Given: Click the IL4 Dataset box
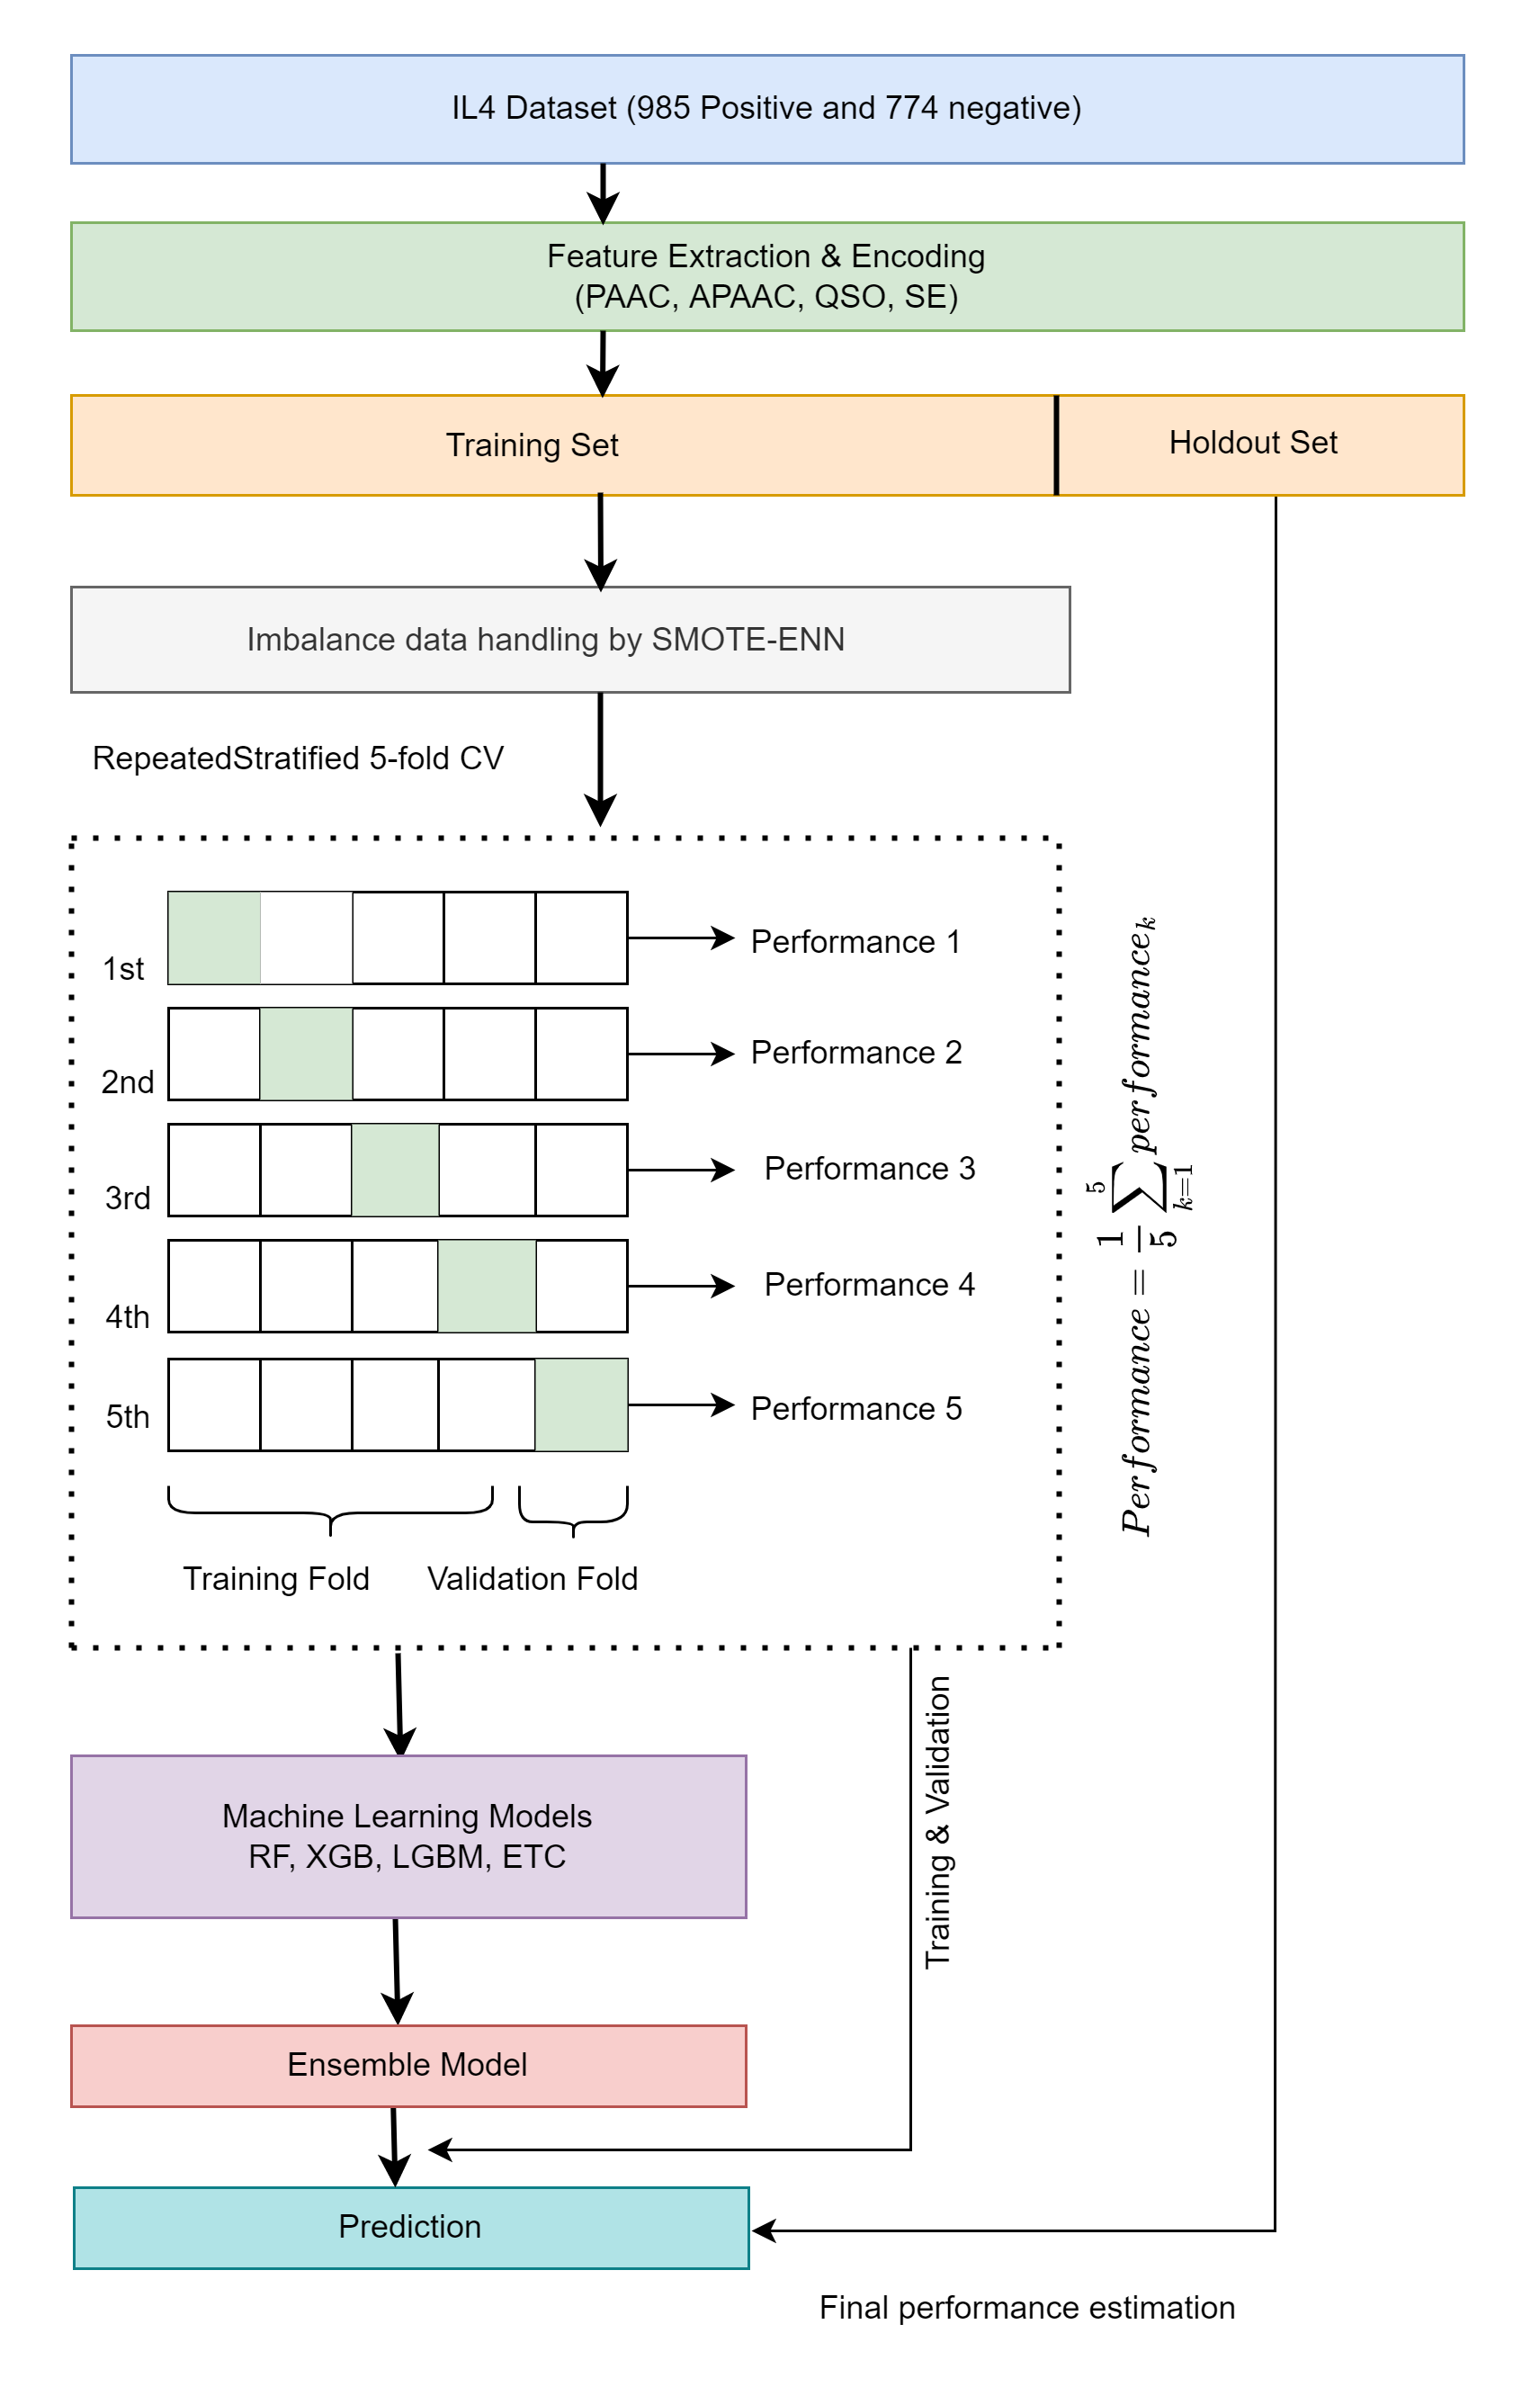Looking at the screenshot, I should [766, 109].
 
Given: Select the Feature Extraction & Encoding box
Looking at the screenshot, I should [766, 276].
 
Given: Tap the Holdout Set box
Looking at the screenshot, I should [1258, 444].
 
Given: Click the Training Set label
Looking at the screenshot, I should [532, 444].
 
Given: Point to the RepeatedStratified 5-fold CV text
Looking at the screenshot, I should [298, 758].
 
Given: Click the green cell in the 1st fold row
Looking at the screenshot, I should [214, 938].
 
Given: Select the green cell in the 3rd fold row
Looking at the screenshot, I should [395, 1170].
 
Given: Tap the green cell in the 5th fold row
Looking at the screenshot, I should [581, 1404].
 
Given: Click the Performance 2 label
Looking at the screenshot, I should [855, 1053].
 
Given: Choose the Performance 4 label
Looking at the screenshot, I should [869, 1285].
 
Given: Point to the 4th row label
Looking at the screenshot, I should [127, 1316].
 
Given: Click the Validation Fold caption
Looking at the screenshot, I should [533, 1578].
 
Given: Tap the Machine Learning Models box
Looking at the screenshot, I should [407, 1835].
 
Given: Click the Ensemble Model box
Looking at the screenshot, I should [407, 2064].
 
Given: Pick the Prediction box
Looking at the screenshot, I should [410, 2226].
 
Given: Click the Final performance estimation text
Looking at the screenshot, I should [1026, 2307].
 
